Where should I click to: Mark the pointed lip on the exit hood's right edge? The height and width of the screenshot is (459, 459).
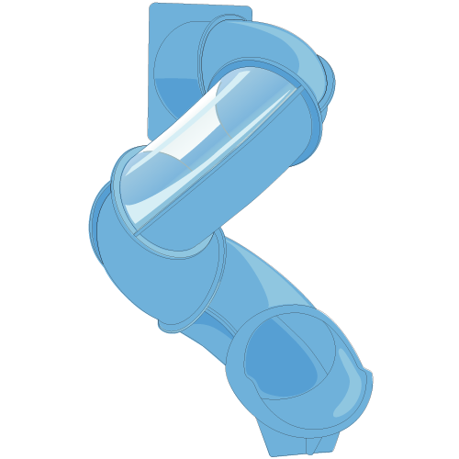pyautogui.click(x=369, y=375)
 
